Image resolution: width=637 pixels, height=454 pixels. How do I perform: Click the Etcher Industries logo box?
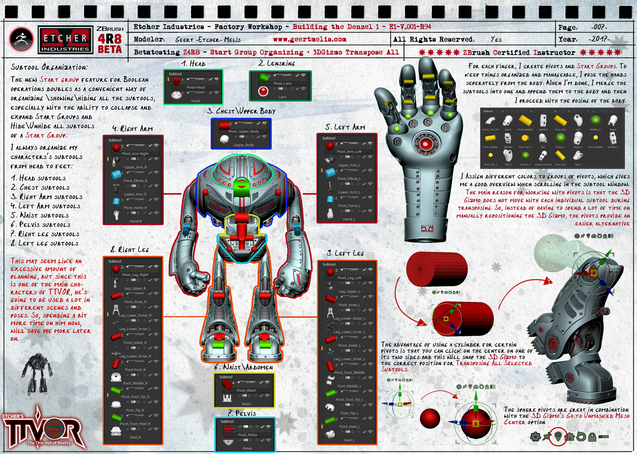point(65,40)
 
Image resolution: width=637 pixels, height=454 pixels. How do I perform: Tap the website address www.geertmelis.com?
point(309,39)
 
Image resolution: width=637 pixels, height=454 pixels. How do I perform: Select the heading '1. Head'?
point(193,64)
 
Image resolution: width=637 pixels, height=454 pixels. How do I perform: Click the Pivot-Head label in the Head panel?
point(196,87)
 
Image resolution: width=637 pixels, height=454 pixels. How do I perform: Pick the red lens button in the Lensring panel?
point(263,91)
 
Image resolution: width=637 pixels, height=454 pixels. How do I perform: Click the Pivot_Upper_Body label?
point(243,131)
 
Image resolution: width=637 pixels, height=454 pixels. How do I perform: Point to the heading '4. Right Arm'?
point(133,129)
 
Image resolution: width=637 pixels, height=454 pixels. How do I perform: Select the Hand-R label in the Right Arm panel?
point(135,221)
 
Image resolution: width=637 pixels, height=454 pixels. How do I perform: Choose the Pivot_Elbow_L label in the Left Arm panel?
point(349,179)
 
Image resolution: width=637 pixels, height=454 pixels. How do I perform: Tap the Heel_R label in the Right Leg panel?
point(135,437)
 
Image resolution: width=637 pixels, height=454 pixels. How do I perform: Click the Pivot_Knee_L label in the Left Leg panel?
point(349,305)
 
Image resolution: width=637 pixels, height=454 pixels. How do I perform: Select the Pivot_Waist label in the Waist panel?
point(246,390)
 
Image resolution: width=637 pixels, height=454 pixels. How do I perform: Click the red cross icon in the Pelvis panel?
point(228,429)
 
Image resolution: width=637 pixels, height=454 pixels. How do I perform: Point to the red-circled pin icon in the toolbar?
point(558,436)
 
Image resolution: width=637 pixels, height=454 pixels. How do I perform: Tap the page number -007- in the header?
point(599,27)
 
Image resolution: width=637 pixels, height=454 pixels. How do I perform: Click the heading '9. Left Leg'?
point(345,253)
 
